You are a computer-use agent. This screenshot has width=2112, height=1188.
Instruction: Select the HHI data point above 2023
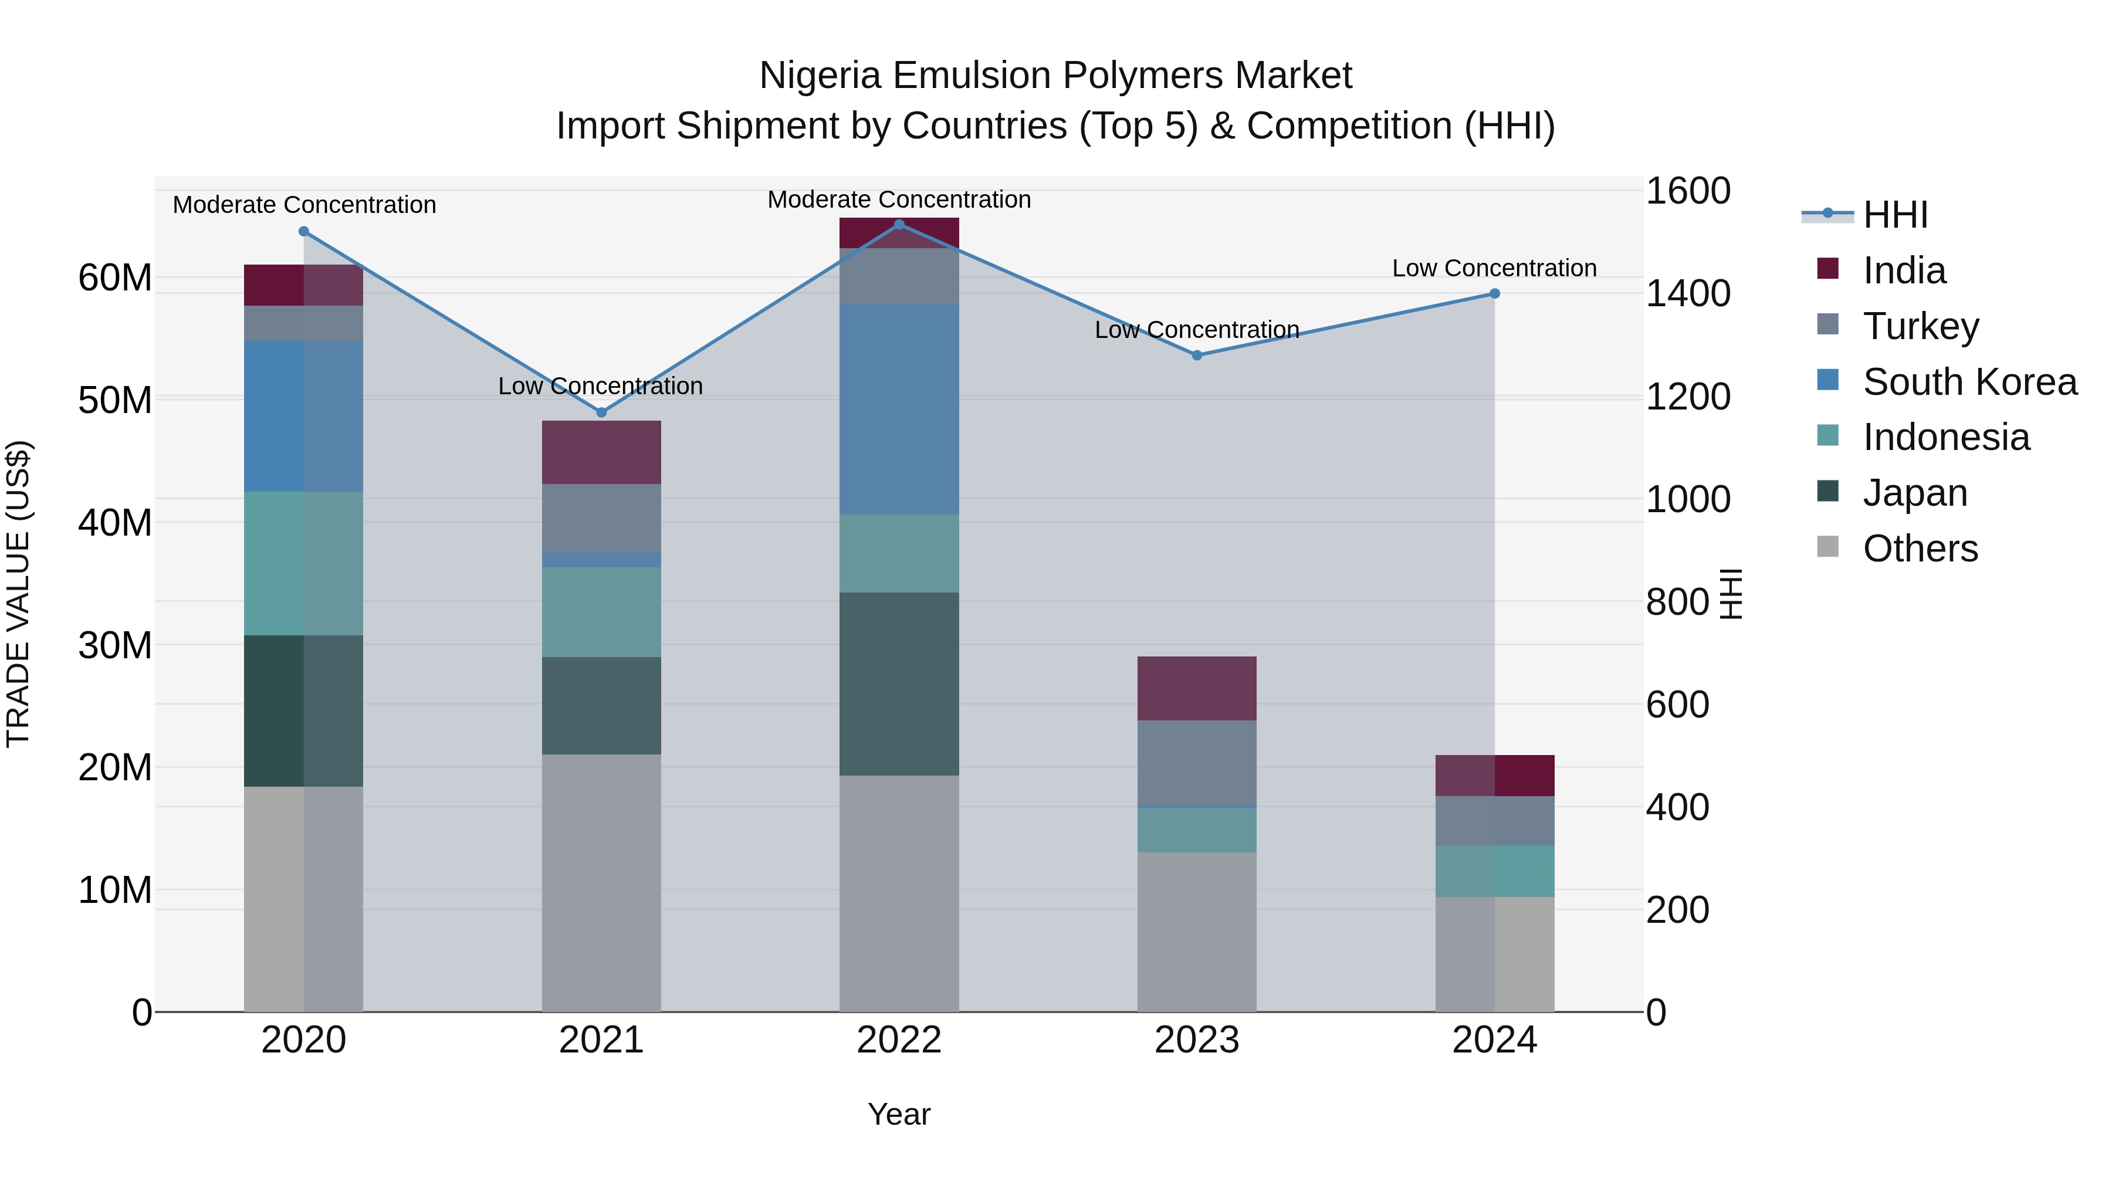coord(1196,355)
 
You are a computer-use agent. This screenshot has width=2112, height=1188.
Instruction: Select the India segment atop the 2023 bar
coord(1196,688)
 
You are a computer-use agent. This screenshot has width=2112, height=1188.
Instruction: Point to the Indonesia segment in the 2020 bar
coord(303,563)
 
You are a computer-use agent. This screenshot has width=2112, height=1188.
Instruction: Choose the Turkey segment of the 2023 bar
coord(1196,763)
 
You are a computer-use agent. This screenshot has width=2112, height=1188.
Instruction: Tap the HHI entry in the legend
coord(1895,215)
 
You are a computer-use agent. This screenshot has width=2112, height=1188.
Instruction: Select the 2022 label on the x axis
coord(899,1040)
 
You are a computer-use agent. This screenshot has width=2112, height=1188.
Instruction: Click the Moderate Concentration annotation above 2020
coord(304,205)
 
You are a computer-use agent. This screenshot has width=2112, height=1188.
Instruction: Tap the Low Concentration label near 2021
coord(600,386)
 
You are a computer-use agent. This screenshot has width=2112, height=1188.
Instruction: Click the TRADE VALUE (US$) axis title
coord(18,594)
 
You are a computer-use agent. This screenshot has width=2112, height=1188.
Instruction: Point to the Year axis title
coord(899,1114)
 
